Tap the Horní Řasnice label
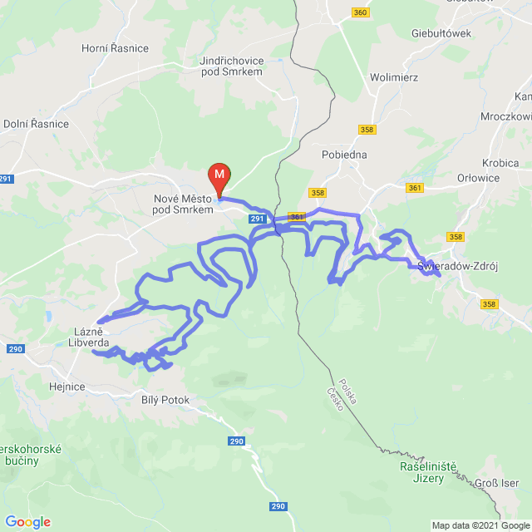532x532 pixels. pyautogui.click(x=115, y=48)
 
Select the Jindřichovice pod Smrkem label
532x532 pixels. pyautogui.click(x=231, y=67)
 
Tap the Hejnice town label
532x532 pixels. pyautogui.click(x=68, y=375)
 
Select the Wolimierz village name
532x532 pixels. pyautogui.click(x=393, y=77)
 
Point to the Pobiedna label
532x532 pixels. pyautogui.click(x=344, y=155)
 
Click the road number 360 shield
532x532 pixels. pyautogui.click(x=360, y=12)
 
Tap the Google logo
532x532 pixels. pyautogui.click(x=27, y=522)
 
